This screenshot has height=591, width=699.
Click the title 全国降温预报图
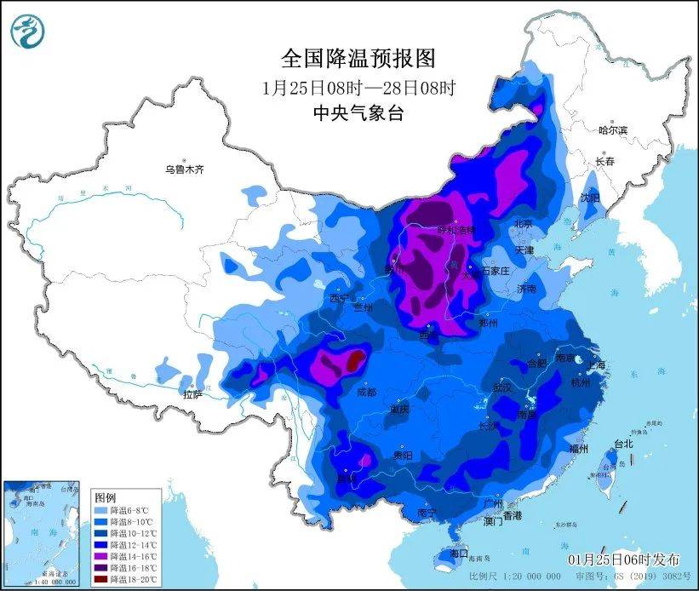click(358, 58)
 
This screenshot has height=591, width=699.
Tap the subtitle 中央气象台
click(358, 112)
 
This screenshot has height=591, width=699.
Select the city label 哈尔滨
click(612, 130)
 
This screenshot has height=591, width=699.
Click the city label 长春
click(605, 161)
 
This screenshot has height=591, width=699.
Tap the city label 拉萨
click(192, 394)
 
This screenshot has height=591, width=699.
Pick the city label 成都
click(367, 393)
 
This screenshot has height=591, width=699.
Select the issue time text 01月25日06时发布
click(624, 559)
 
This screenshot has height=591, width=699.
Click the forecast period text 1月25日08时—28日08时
click(358, 88)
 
